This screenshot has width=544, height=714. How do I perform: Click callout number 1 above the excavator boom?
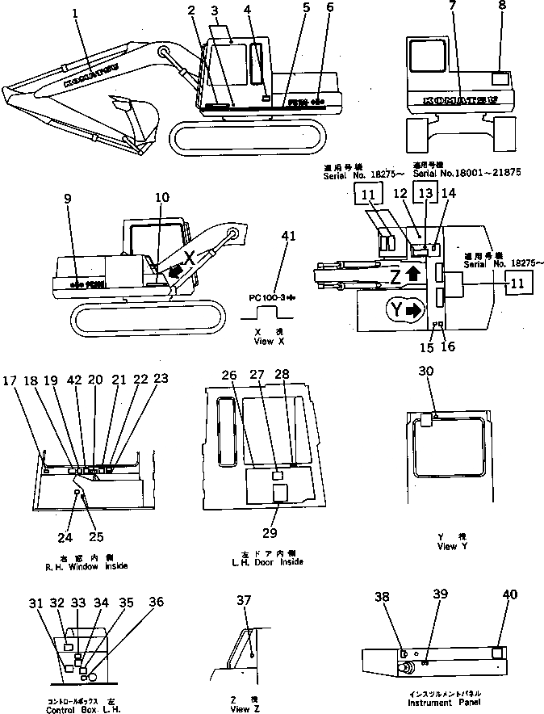click(x=75, y=15)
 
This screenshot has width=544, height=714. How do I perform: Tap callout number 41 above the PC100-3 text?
click(x=282, y=237)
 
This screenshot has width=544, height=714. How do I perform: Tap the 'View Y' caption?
click(x=446, y=542)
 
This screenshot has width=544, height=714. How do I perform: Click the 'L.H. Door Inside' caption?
click(x=266, y=561)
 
